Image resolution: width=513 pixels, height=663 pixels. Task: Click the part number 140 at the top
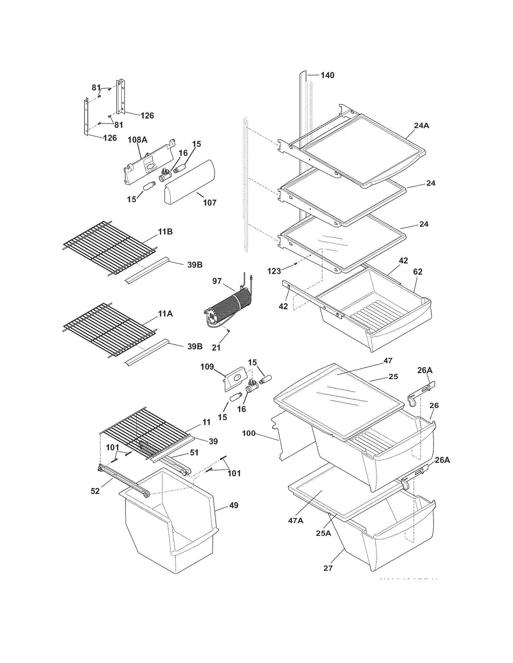pos(327,75)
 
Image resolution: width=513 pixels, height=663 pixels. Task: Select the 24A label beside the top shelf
pos(421,125)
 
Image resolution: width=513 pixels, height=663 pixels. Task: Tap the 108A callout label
pos(137,140)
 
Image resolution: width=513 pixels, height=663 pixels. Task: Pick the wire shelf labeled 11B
pos(110,246)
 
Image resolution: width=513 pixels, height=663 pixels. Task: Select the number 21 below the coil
pos(216,348)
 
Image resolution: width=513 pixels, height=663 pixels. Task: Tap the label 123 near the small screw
pos(274,271)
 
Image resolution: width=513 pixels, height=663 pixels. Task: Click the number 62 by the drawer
pos(418,272)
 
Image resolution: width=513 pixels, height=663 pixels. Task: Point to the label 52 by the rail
pos(95,491)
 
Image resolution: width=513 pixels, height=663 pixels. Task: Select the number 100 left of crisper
pos(249,433)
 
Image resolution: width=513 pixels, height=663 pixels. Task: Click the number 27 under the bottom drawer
pos(328,568)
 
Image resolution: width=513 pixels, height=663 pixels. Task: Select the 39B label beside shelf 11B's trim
pos(195,265)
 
